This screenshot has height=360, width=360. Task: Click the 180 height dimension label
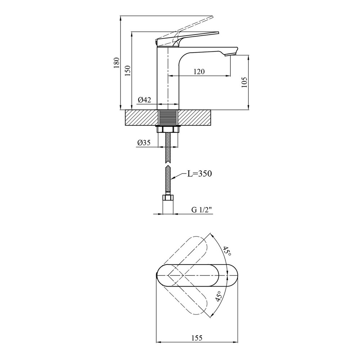click(x=117, y=62)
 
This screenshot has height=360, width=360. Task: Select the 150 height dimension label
click(x=128, y=71)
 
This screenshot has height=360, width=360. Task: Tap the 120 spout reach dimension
click(x=199, y=72)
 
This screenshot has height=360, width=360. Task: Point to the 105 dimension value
click(x=244, y=82)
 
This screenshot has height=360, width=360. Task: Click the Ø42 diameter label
click(x=144, y=100)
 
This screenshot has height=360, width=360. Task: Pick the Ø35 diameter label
click(x=144, y=143)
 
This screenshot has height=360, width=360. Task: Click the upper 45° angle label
click(x=227, y=252)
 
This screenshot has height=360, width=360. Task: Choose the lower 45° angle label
click(x=219, y=296)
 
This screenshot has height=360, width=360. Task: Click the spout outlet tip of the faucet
click(x=230, y=55)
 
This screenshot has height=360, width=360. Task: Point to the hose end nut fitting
click(x=168, y=198)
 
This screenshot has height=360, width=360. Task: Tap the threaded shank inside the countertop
click(x=168, y=118)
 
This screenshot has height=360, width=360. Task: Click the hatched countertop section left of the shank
click(x=141, y=118)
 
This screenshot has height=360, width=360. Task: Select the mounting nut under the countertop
click(x=168, y=129)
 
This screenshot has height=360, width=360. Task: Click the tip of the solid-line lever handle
click(x=219, y=33)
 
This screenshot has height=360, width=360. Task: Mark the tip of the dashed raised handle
click(x=213, y=17)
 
